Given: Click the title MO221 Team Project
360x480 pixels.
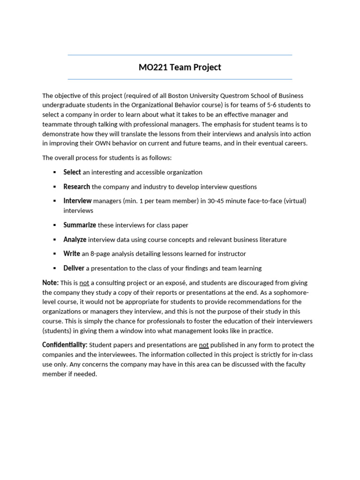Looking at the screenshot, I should (x=180, y=67).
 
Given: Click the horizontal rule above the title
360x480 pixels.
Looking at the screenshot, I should (x=180, y=55).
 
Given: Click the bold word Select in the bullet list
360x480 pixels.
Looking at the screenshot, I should (x=72, y=172).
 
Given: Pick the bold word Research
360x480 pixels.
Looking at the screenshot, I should (x=77, y=187).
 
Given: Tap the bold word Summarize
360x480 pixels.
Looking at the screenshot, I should (x=80, y=225).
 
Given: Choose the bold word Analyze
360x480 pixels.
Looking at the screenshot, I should (x=75, y=240).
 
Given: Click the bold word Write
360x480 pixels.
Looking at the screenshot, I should (x=72, y=254).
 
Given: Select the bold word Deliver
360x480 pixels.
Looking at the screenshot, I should (x=74, y=268).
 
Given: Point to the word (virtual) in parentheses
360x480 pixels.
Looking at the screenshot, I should (x=293, y=201).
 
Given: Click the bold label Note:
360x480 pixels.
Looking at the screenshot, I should (x=51, y=283).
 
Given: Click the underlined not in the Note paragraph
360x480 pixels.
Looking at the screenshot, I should (x=84, y=283).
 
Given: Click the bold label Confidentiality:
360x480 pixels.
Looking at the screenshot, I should (x=65, y=345).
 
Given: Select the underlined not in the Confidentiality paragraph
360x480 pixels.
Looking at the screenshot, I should (x=204, y=345).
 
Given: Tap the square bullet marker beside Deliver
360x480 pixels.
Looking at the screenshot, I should (x=55, y=269).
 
